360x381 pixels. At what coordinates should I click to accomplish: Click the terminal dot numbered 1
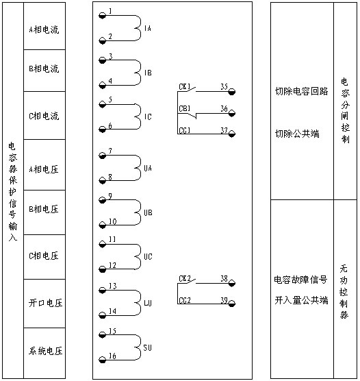click(103, 16)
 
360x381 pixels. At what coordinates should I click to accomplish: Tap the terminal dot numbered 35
click(232, 92)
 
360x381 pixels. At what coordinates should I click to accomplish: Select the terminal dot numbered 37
click(232, 134)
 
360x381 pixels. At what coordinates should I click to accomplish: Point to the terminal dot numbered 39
click(232, 304)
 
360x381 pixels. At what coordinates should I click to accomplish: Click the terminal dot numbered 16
click(103, 360)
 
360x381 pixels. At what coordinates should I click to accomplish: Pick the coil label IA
click(148, 28)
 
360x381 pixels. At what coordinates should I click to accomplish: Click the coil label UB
click(148, 213)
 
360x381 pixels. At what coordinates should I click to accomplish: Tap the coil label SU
click(147, 347)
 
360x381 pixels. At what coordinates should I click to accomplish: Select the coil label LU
click(148, 303)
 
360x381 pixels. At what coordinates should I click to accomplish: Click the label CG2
click(185, 301)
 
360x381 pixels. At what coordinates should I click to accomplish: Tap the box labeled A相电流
click(44, 26)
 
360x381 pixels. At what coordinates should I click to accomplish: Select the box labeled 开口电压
click(44, 304)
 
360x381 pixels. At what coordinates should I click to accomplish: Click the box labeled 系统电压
click(44, 353)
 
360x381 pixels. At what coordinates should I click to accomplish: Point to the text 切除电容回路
click(302, 91)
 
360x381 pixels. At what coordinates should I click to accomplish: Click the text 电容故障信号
click(300, 280)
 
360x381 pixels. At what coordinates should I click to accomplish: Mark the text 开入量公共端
click(302, 301)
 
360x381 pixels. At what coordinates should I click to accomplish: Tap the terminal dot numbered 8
click(103, 181)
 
